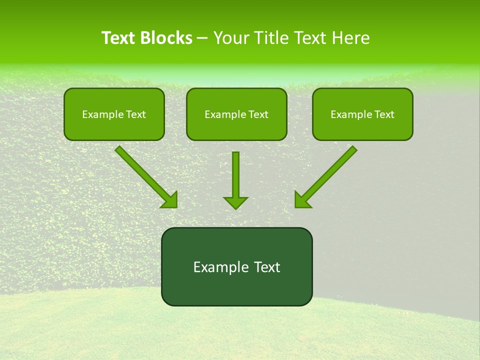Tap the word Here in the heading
349,38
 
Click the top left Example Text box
114,114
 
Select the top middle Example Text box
236,114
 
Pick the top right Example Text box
362,114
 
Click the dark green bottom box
236,267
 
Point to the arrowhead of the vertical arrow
235,202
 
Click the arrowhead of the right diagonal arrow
301,200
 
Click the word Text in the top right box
384,114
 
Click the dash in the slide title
202,38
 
